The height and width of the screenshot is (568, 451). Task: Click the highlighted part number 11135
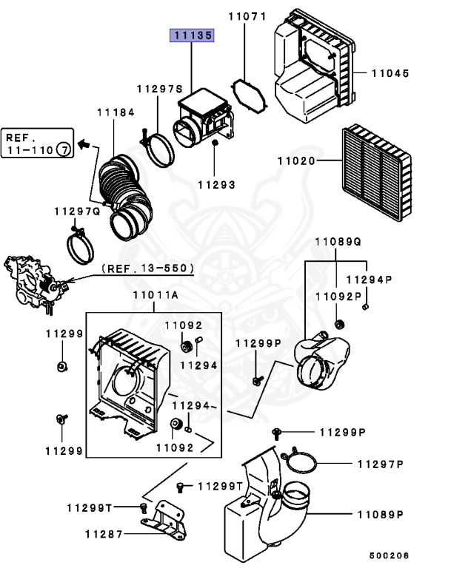coord(193,35)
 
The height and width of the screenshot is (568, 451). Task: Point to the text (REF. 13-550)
coord(148,268)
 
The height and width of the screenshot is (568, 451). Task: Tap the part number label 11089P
coord(380,514)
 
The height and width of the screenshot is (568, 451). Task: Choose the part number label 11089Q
coord(338,242)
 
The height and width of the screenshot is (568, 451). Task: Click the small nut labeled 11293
coord(214,142)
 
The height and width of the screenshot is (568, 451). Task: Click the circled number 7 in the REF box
coord(64,150)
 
